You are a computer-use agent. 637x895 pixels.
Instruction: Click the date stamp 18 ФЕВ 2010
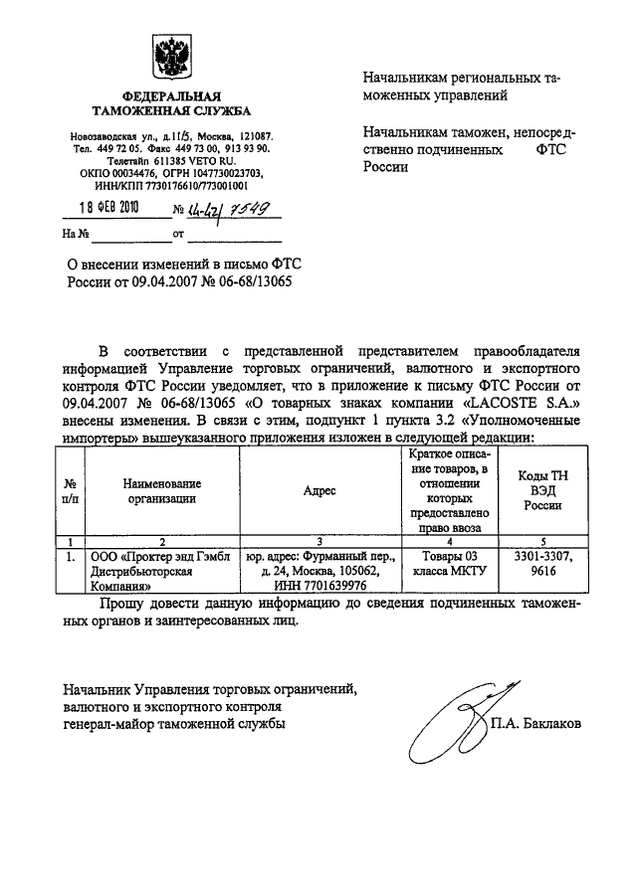pos(109,208)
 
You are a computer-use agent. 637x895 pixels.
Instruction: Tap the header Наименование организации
pos(162,490)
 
